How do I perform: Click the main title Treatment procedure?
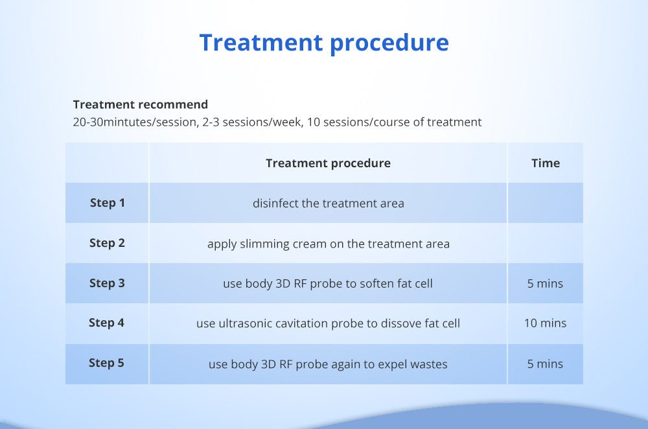[324, 43]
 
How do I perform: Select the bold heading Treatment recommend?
[141, 104]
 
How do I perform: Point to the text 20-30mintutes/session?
[135, 122]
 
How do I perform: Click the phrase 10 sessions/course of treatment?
[394, 122]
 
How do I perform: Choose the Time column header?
[546, 163]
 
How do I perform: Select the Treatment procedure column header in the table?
[328, 163]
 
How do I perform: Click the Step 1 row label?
[108, 203]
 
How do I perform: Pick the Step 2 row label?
[107, 243]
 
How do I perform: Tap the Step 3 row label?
[107, 283]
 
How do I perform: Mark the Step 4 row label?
[107, 323]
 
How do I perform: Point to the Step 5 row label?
[107, 363]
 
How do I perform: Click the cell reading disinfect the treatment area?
[328, 203]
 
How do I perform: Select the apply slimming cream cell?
[328, 244]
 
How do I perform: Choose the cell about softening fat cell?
[328, 284]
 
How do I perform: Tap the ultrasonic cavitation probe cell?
[328, 323]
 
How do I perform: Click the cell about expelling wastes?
[328, 364]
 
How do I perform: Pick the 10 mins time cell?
[545, 323]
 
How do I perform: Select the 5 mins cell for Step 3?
[545, 284]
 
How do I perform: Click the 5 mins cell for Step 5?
[545, 364]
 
